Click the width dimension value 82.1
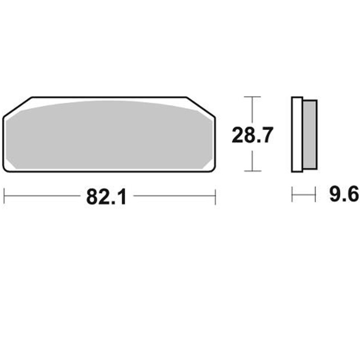106,197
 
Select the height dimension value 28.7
252,135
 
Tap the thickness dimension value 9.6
344,195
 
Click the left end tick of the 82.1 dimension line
4,196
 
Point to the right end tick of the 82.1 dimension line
216,196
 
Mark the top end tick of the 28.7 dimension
252,97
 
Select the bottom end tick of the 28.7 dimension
252,171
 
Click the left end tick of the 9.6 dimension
292,195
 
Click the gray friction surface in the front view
108,135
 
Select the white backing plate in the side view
297,135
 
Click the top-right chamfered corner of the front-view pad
201,106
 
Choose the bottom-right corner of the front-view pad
212,168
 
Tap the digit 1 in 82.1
121,197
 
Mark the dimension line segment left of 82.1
43,196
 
